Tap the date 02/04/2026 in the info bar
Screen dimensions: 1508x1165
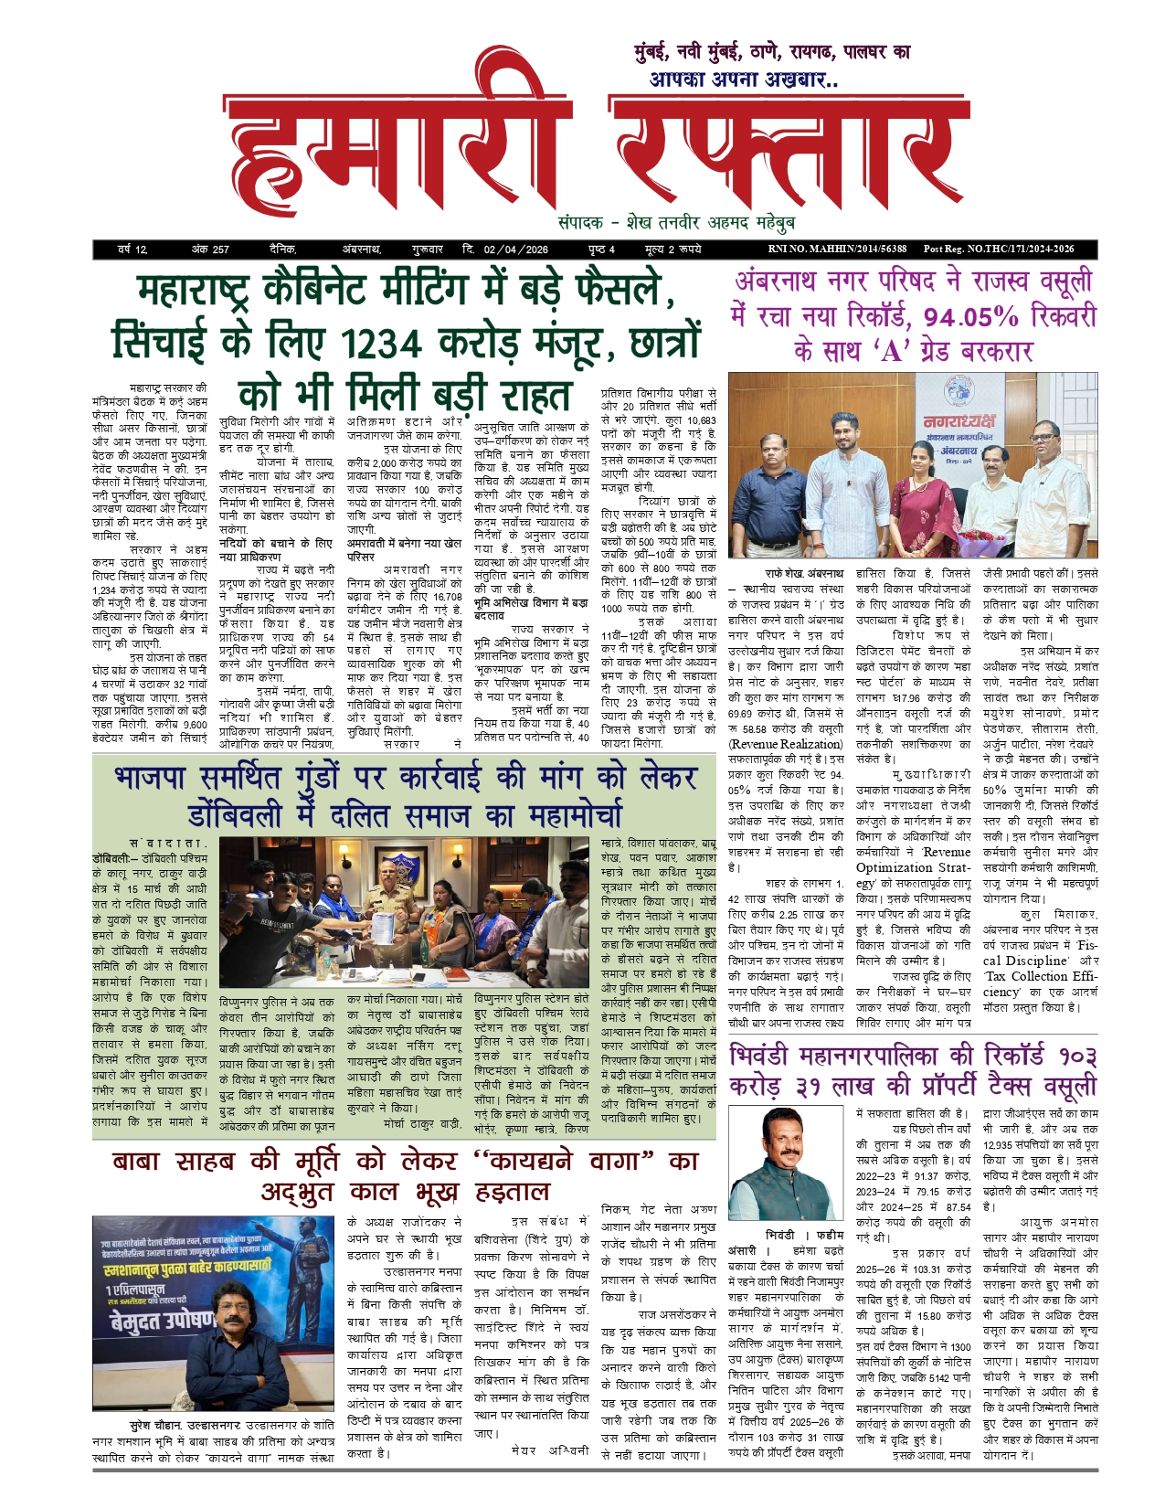[516, 249]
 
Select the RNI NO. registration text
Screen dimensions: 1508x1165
[837, 249]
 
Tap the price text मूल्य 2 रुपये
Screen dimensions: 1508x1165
[673, 249]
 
